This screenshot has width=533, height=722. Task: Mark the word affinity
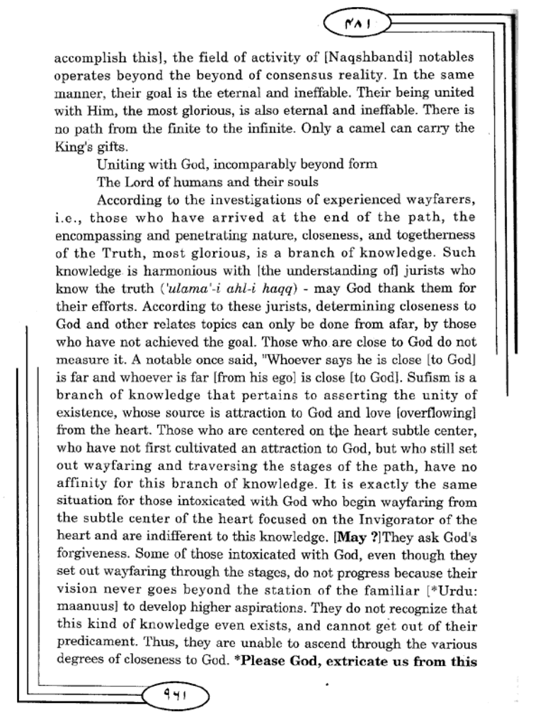[x=83, y=484]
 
